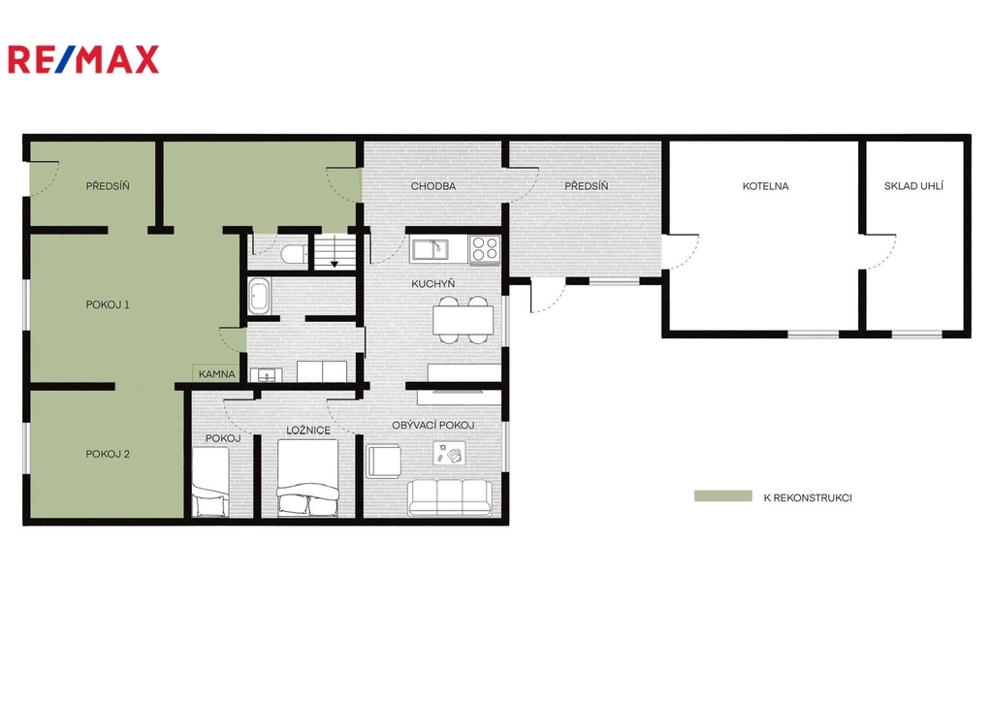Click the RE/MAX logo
83,59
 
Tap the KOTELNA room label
765,186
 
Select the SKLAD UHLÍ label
913,185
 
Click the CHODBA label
433,186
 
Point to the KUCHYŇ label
433,283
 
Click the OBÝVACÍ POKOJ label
433,425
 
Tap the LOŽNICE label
308,430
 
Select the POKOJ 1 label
108,304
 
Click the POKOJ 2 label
108,454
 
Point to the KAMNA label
216,374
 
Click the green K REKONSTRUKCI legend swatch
723,496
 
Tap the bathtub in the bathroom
259,296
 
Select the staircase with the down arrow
334,251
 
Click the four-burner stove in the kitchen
485,248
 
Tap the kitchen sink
430,249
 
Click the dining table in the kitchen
463,320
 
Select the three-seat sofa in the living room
450,497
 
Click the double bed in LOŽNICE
307,478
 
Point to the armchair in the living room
383,461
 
